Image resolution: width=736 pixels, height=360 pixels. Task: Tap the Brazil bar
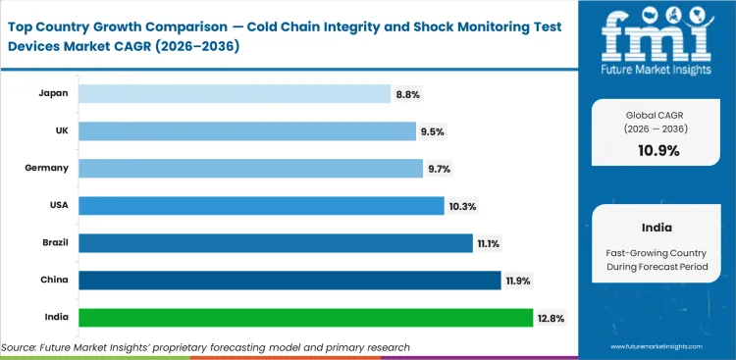276,243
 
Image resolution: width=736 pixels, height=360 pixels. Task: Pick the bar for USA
261,205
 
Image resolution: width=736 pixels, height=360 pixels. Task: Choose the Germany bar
250,168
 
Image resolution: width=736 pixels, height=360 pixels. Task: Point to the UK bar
247,130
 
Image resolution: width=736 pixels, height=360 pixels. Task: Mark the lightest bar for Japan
235,93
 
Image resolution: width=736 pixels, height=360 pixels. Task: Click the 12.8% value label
550,318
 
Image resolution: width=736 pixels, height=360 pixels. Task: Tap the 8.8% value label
407,93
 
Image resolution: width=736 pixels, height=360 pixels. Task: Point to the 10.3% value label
460,205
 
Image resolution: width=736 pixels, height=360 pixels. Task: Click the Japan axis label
53,93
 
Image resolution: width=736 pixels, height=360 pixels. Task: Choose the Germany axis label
46,168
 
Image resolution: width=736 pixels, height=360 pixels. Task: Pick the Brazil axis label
53,243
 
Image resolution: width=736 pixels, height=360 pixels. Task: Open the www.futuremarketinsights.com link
663,347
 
